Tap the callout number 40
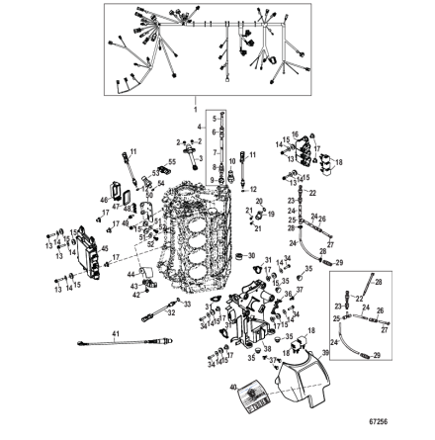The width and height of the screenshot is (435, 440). [233, 388]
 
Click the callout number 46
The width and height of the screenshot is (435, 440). [102, 200]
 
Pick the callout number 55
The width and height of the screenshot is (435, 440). [172, 160]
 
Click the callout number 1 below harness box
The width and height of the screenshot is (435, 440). [196, 105]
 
